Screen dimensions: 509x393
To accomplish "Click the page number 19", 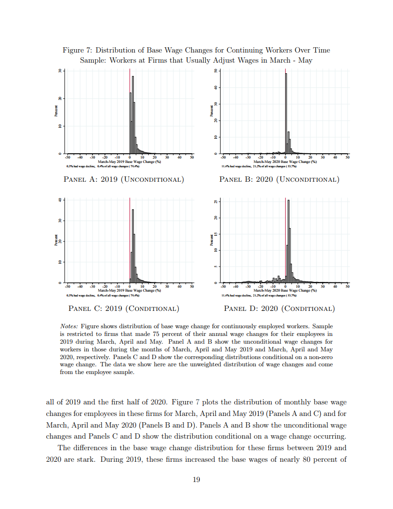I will coord(196,479).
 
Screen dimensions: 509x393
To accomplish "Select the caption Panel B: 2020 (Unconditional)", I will coord(279,180).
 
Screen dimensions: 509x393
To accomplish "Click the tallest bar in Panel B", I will coord(286,113).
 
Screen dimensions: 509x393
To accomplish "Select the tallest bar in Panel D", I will coord(288,241).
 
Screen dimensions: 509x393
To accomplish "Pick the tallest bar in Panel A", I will coord(132,115).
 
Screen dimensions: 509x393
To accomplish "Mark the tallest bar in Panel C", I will coord(132,246).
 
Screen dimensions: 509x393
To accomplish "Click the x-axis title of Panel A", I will coord(129,162).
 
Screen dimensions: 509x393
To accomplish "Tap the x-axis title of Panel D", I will coord(285,291).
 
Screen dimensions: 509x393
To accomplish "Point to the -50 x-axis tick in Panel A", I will coord(67,158).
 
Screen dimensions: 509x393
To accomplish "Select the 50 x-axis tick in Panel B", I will coord(347,158).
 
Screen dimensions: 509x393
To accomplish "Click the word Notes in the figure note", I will coord(69,326).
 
